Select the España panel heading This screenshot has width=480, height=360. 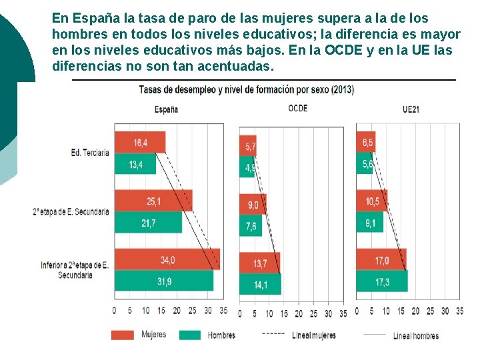tap(166, 109)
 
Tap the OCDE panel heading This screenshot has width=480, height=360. tap(298, 108)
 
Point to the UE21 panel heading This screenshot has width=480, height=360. tap(411, 109)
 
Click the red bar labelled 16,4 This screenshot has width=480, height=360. tap(140, 143)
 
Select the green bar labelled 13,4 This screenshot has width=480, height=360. tap(135, 164)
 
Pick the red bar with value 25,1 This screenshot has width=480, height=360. tap(153, 201)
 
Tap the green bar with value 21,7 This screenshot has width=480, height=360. tap(148, 223)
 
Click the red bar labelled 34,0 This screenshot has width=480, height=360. tap(167, 259)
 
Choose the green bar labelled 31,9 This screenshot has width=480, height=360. tap(164, 281)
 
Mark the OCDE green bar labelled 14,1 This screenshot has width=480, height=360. tap(260, 284)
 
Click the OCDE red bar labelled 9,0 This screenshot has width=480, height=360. tap(253, 204)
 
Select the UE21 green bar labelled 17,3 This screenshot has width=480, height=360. tap(381, 281)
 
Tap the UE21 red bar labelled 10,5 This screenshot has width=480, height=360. tap(371, 201)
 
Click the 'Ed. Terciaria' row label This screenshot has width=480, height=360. tap(90, 153)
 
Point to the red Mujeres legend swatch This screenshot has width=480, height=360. tap(123, 335)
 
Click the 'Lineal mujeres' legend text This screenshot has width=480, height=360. tap(314, 335)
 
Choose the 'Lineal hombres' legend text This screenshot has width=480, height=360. tap(416, 335)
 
